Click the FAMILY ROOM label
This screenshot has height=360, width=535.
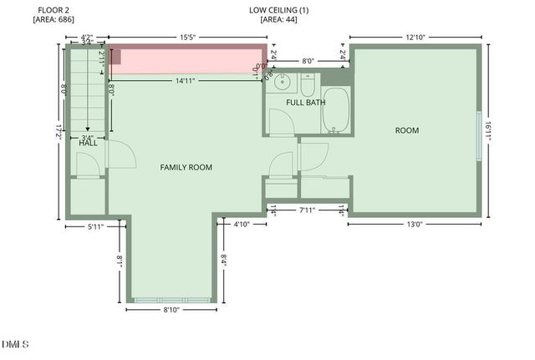tap(186, 167)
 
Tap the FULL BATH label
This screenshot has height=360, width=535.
tap(306, 103)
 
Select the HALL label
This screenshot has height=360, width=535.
tap(89, 143)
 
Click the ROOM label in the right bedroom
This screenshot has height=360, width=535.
tap(407, 130)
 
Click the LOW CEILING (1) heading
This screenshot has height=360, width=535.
tap(279, 10)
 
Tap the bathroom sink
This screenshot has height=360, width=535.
tap(283, 82)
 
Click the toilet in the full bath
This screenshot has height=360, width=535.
tap(307, 85)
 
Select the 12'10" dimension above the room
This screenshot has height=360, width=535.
tap(415, 37)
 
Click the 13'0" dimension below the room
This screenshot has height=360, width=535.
tap(415, 224)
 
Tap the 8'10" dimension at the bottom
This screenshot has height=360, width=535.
tap(171, 309)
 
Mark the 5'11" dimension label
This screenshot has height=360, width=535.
tap(96, 226)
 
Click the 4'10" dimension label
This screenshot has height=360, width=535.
tap(242, 224)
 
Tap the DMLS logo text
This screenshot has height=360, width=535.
tap(15, 343)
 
